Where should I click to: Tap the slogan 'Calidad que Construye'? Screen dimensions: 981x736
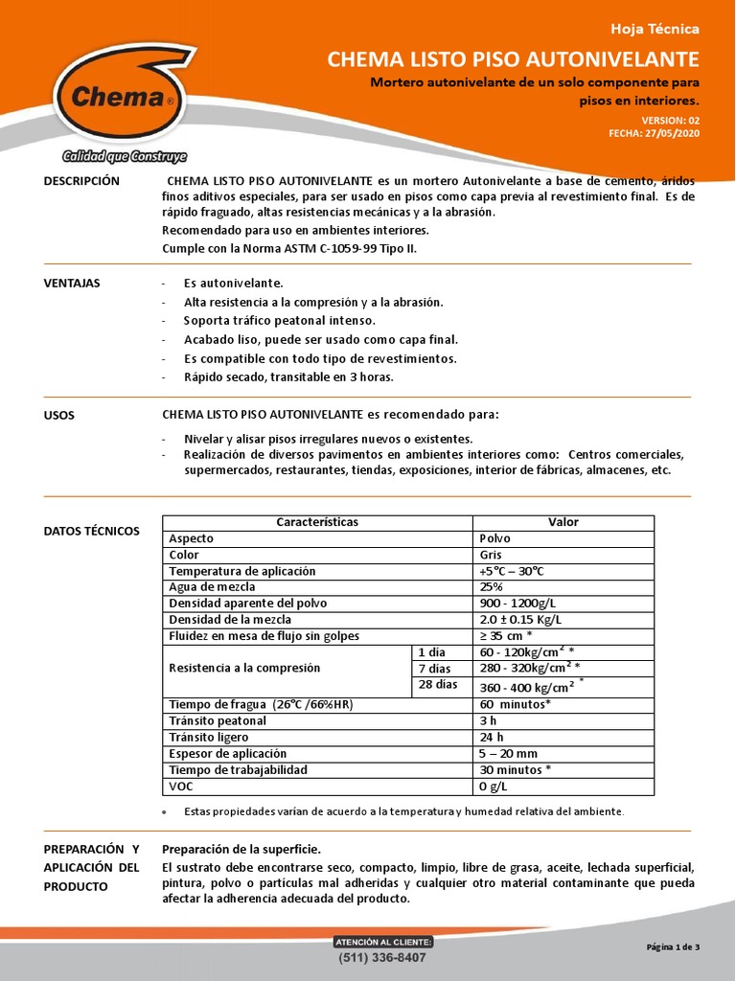(125, 156)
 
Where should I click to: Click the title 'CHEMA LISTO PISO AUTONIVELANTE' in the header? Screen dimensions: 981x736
(514, 59)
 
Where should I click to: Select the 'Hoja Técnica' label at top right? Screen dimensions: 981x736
(661, 29)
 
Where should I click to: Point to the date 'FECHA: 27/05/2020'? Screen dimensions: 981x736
(654, 133)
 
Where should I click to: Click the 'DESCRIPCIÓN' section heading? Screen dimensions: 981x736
(82, 181)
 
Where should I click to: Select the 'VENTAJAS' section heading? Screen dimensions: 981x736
(72, 284)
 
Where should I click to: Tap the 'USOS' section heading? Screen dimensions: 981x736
(59, 416)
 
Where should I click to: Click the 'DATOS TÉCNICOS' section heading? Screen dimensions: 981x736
(92, 531)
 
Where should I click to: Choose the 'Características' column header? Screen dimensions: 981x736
(317, 522)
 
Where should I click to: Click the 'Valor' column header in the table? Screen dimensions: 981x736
(563, 522)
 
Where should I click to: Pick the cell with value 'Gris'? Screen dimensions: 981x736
(491, 555)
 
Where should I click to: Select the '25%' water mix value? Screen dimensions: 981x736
(492, 587)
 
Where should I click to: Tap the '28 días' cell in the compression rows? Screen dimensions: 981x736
(438, 685)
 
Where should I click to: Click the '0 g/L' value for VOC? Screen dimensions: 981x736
(494, 786)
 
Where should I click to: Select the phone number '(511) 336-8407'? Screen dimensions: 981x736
(382, 957)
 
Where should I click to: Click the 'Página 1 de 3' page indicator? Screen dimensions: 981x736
(673, 947)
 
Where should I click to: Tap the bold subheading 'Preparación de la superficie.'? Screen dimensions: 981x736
(241, 849)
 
